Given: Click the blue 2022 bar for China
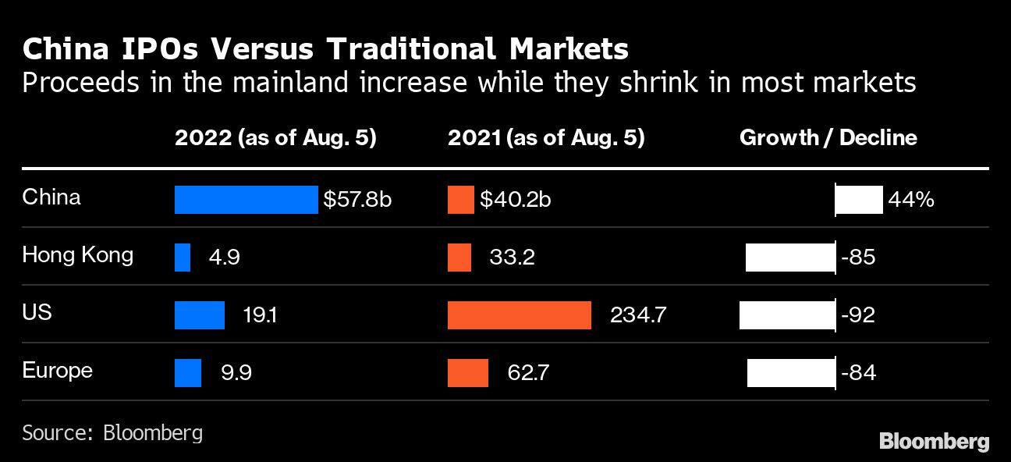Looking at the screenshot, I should pyautogui.click(x=246, y=200).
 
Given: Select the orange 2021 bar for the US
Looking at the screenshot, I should pyautogui.click(x=519, y=315).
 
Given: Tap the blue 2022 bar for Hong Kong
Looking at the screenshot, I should pyautogui.click(x=183, y=258).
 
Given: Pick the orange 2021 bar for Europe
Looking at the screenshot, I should pyautogui.click(x=468, y=372).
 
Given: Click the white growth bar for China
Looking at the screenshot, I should pyautogui.click(x=859, y=200).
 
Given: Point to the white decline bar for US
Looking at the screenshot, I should pyautogui.click(x=787, y=315).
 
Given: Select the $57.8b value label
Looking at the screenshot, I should pyautogui.click(x=357, y=200).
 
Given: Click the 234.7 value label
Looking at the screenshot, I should pyautogui.click(x=639, y=315).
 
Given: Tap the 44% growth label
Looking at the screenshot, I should pyautogui.click(x=910, y=200).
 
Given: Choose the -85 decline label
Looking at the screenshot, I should pyautogui.click(x=858, y=258).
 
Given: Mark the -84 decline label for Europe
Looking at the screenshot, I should pyautogui.click(x=858, y=372).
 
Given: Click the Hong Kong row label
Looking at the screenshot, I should pyautogui.click(x=77, y=255).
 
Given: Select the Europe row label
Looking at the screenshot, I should pyautogui.click(x=57, y=370).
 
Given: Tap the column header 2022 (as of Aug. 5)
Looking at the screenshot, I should pyautogui.click(x=275, y=138).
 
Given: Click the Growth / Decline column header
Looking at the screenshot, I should pyautogui.click(x=828, y=138).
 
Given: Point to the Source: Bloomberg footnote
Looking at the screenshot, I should pyautogui.click(x=112, y=433).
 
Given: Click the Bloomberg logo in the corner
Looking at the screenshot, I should pyautogui.click(x=934, y=442).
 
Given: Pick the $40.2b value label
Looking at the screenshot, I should pyautogui.click(x=516, y=200).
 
